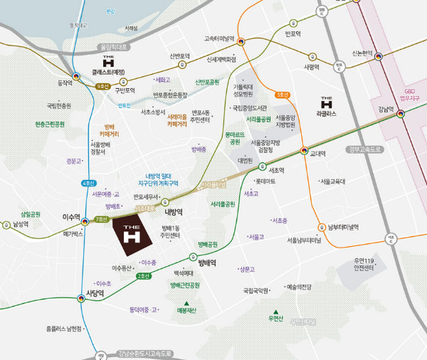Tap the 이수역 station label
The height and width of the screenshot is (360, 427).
pyautogui.click(x=72, y=216)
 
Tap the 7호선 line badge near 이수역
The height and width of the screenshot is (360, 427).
pyautogui.click(x=101, y=219)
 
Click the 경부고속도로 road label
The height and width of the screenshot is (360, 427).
pyautogui.click(x=366, y=149)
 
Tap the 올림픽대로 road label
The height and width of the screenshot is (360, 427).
pyautogui.click(x=112, y=47)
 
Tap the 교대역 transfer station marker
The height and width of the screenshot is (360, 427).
pyautogui.click(x=304, y=151)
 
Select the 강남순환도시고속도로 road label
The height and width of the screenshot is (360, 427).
pyautogui.click(x=145, y=353)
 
